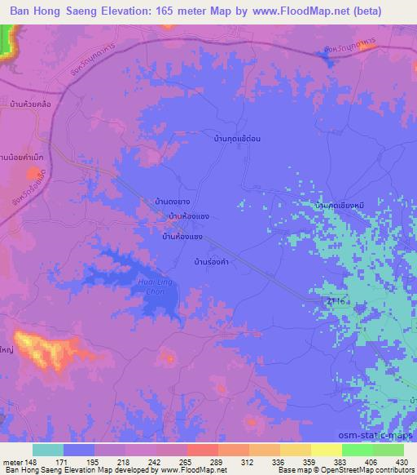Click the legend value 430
(401, 463)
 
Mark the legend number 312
(241, 463)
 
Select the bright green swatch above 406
(357, 450)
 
